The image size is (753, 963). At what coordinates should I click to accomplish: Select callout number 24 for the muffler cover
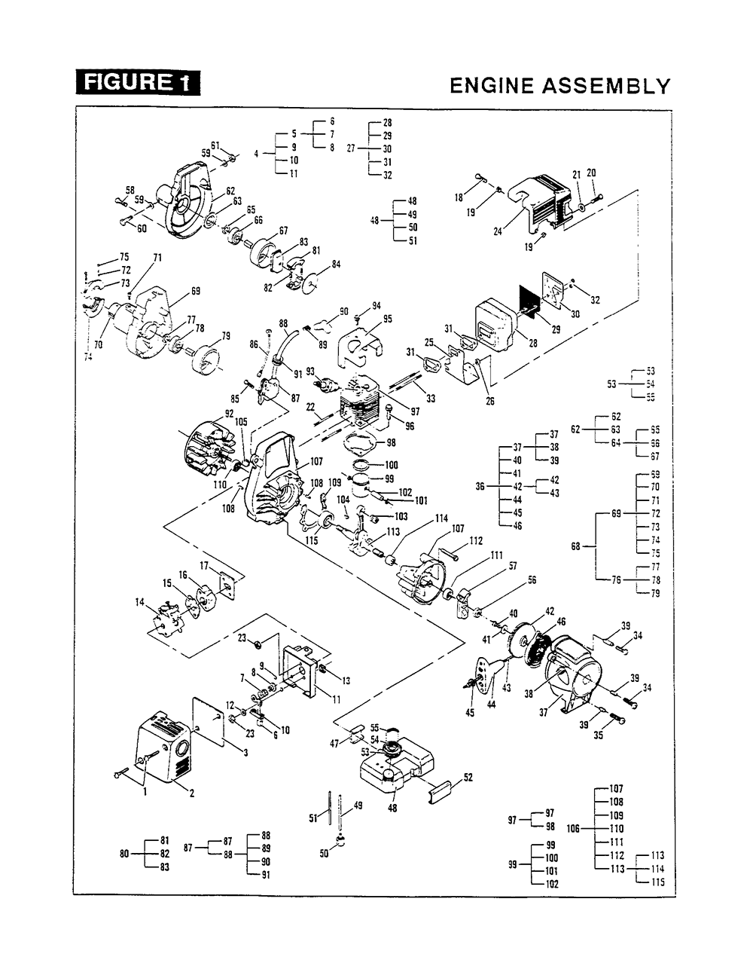[498, 232]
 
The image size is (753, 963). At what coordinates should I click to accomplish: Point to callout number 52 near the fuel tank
[468, 778]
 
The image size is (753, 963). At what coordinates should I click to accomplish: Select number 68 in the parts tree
[577, 546]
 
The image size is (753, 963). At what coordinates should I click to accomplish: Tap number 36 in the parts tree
[480, 487]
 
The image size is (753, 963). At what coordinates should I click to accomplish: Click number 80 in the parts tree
[125, 854]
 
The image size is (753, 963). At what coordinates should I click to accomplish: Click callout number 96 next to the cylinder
[410, 425]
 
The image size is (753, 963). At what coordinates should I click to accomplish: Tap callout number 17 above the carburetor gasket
[204, 565]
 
